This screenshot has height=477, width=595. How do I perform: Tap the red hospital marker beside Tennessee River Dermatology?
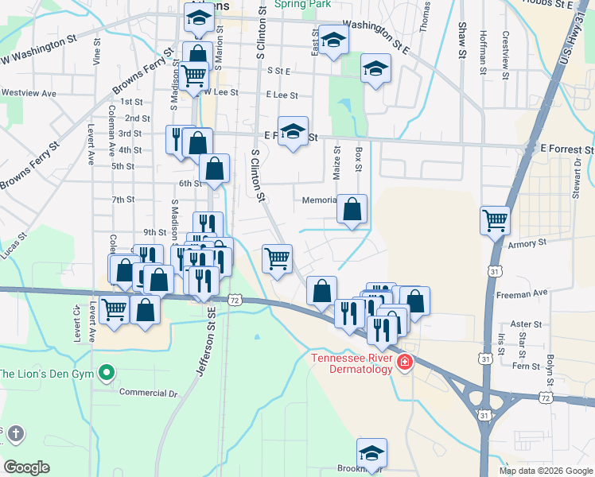[405, 362]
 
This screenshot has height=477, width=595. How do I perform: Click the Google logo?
[26, 467]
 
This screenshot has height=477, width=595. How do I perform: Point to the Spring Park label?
[302, 4]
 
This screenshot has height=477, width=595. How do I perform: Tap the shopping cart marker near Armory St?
[495, 219]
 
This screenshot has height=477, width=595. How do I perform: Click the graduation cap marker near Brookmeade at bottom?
[371, 452]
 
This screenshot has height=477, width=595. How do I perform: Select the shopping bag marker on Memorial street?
[352, 209]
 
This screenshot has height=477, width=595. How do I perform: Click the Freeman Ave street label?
[523, 293]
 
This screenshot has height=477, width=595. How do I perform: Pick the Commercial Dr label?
[148, 392]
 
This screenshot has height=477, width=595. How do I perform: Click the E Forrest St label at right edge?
[566, 149]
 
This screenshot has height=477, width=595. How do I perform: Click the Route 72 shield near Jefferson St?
[234, 300]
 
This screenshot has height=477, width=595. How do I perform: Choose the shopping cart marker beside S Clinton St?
[277, 258]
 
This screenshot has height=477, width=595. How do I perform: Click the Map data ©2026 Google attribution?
[545, 471]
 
